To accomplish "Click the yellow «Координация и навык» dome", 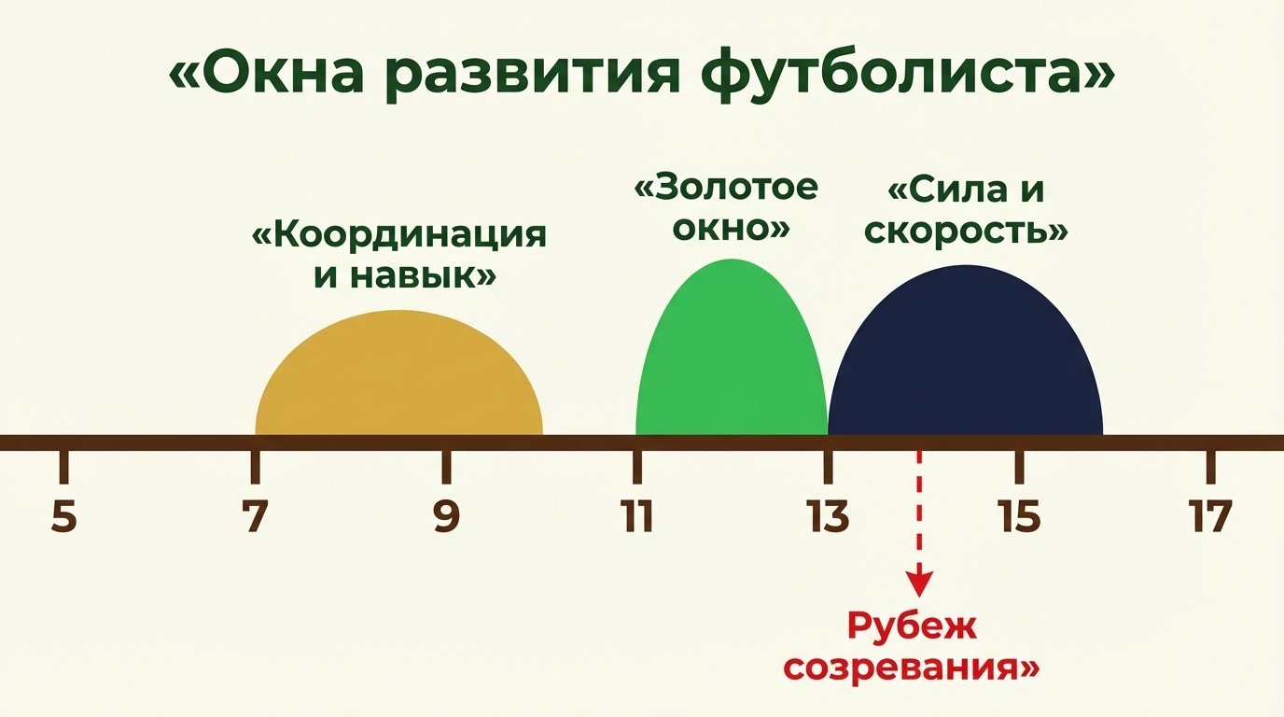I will pos(399,378).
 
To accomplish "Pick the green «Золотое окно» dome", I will pos(731,355).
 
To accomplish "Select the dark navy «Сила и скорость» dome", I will pos(966,359).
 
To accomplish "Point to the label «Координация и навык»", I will pos(399,255).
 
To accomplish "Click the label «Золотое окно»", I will pos(726,207).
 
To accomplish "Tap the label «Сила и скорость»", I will pos(966,211).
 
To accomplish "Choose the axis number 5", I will pos(63,517).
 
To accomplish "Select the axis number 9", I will pos(446,517).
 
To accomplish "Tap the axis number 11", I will pos(637,517).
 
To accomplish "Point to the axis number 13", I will pos(829,517).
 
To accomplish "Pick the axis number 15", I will pos(1019,517).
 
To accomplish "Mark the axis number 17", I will pos(1210,517).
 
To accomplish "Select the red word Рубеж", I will pos(912,626).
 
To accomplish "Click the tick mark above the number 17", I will pos(1210,466).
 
